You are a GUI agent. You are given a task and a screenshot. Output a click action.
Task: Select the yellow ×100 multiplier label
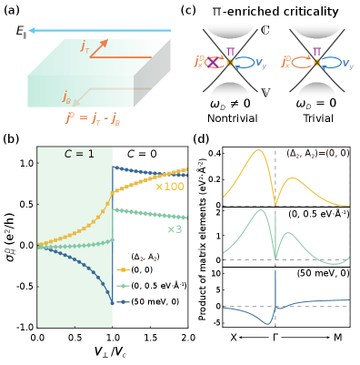tap(170, 187)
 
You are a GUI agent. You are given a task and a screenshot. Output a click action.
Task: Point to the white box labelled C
tap(265, 31)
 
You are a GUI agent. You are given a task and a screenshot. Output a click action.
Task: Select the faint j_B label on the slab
tap(67, 94)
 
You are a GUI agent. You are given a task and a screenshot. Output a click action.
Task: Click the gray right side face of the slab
tap(157, 77)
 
